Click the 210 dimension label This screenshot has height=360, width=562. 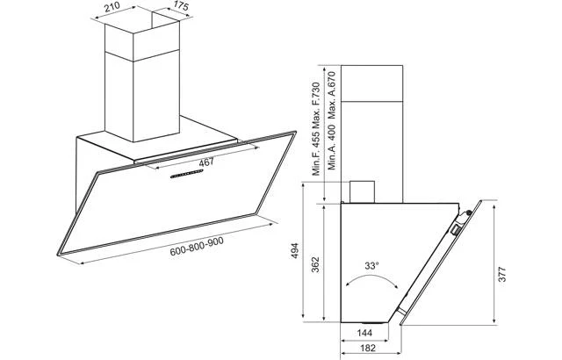pyautogui.click(x=112, y=7)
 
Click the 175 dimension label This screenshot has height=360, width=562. pyautogui.click(x=181, y=6)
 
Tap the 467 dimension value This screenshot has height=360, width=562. pyautogui.click(x=206, y=162)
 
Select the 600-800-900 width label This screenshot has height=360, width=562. pyautogui.click(x=197, y=247)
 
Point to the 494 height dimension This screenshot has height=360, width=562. pyautogui.click(x=295, y=251)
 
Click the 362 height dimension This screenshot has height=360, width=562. pyautogui.click(x=315, y=264)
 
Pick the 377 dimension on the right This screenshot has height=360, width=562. pyautogui.click(x=501, y=274)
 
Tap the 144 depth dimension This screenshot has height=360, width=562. pyautogui.click(x=364, y=333)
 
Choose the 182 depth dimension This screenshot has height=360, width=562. pyautogui.click(x=368, y=348)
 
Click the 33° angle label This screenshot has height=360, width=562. pyautogui.click(x=371, y=266)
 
